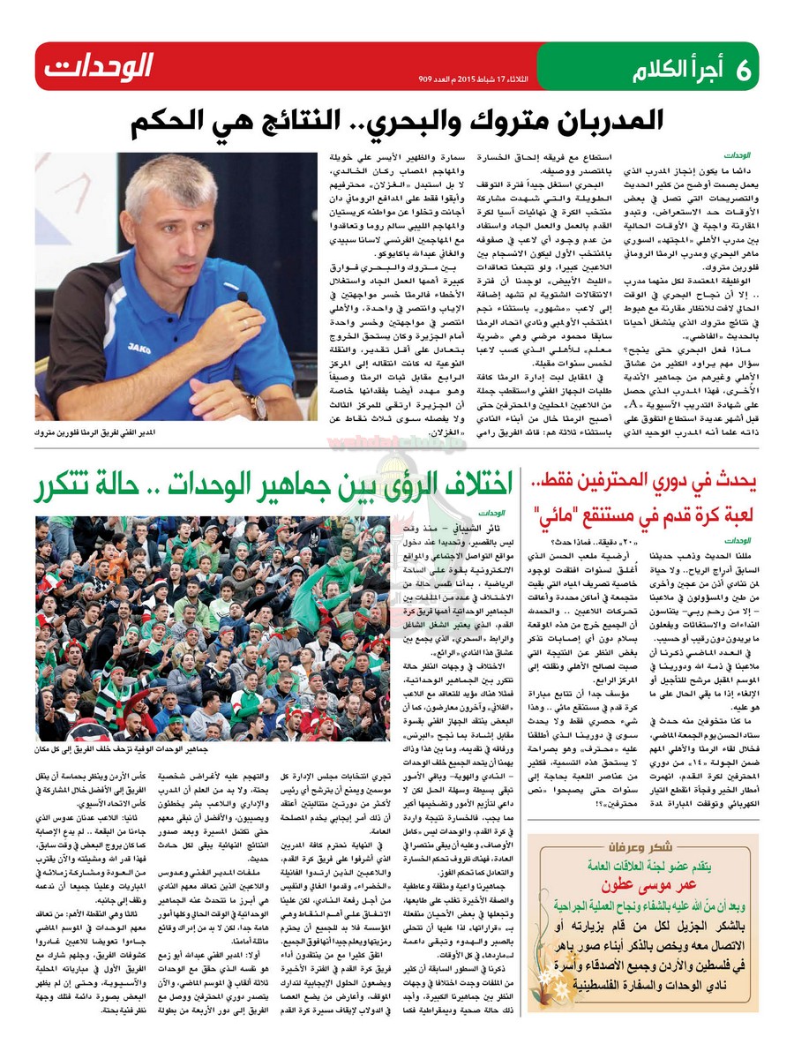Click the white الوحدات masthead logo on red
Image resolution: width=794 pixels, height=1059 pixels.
click(x=97, y=66)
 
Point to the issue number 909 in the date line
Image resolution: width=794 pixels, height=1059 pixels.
click(x=430, y=79)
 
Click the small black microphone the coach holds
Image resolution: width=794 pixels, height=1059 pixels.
click(x=242, y=300)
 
